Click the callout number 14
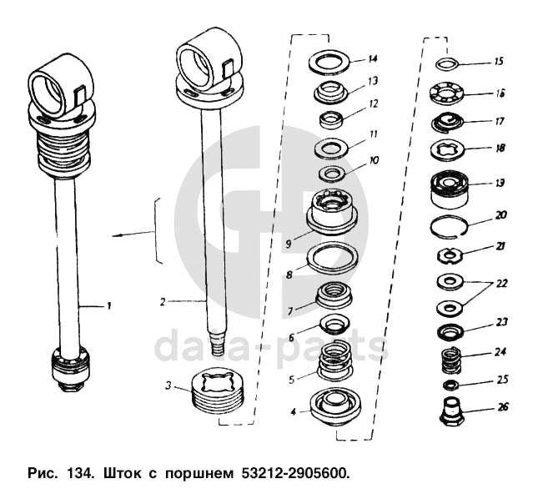click(373, 58)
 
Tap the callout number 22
click(501, 283)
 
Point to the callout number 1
click(108, 307)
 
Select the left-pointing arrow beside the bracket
click(125, 237)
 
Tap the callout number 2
click(164, 299)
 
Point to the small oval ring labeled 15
click(449, 63)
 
